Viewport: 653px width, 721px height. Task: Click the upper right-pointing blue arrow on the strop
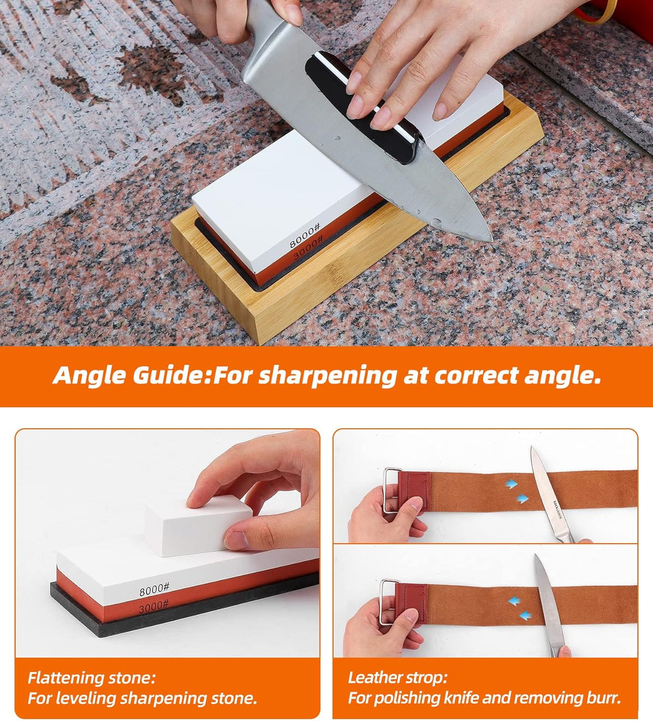(512, 484)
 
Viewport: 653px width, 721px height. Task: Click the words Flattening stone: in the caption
(92, 678)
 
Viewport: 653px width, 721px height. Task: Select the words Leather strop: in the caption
(398, 678)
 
